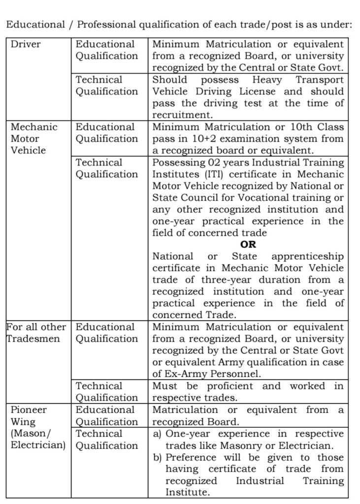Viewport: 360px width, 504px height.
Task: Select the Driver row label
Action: coord(26,44)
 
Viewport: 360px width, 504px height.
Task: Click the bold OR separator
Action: coord(248,245)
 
